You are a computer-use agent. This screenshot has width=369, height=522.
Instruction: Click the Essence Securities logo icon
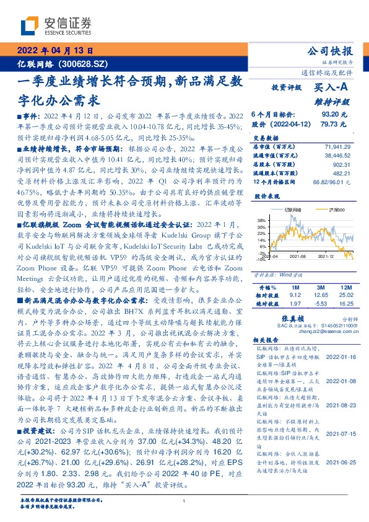tap(31, 25)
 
